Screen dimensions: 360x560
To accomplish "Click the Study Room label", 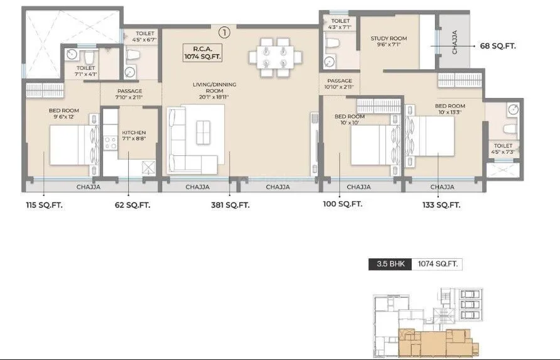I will pyautogui.click(x=388, y=41).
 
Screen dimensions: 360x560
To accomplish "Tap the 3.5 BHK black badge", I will pyautogui.click(x=389, y=265).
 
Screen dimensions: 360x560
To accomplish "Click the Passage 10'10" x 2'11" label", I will pyautogui.click(x=340, y=84).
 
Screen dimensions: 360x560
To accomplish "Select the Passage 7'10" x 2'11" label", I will pyautogui.click(x=129, y=94).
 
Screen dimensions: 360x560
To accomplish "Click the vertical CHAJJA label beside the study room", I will pyautogui.click(x=455, y=42).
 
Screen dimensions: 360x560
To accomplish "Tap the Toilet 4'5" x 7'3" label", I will pyautogui.click(x=503, y=149).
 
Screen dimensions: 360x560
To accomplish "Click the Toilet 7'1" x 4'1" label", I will pyautogui.click(x=85, y=71).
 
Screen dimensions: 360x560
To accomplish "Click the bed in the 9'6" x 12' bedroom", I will pyautogui.click(x=72, y=145).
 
